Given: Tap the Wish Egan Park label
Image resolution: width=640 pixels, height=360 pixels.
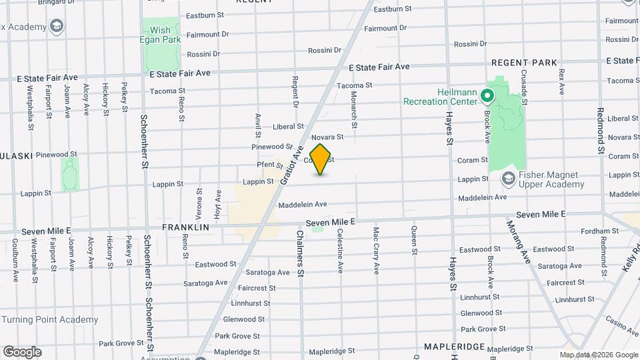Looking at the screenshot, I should tap(160, 35).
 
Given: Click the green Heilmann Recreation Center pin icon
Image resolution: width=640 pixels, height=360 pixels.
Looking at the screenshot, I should tap(487, 96).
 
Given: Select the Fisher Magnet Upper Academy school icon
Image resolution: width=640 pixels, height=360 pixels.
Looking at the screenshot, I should tap(509, 179).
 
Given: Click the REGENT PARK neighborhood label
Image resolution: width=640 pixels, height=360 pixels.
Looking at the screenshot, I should tap(524, 63).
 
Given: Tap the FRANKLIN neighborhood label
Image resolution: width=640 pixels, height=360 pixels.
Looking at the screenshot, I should tap(185, 227).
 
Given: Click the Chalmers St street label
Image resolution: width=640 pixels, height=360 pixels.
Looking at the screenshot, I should tap(301, 254).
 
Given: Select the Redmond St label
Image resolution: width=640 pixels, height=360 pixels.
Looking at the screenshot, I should tap(601, 131).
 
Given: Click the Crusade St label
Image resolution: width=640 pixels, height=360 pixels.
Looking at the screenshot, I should tap(525, 87).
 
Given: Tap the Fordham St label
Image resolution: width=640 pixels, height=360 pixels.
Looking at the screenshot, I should tap(595, 231).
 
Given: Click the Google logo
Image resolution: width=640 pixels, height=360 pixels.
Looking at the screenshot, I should tap(22, 352).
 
